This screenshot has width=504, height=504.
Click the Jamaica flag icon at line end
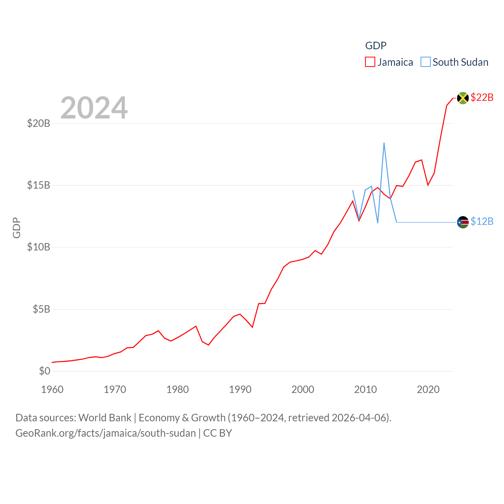pos(463,98)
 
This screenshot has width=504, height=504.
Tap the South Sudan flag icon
pos(463,222)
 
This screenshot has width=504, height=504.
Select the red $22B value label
pos(482,97)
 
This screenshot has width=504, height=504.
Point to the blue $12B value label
pos(482,222)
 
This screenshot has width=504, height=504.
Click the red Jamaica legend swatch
pos(370,62)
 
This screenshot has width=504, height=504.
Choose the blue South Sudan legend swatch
pos(426,62)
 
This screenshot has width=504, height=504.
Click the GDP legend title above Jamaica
pos(376,46)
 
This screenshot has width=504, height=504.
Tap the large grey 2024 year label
pos(94,108)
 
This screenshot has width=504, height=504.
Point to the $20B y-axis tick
pos(39,124)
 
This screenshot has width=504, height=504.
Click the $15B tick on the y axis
pos(39,185)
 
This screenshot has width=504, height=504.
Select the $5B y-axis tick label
pos(41,309)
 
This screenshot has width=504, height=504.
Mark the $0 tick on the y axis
pos(44,371)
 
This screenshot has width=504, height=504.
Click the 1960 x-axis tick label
pos(52,390)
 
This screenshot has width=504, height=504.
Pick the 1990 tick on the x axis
pos(240,390)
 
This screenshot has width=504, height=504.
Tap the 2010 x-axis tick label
pos(365,390)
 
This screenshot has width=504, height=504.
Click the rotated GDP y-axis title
pos(17,228)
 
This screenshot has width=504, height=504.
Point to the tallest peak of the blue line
pos(384,143)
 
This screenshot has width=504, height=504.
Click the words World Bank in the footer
pos(105,418)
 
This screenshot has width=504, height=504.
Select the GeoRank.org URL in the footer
pos(106,433)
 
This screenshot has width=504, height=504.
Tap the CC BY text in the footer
pos(217,433)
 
